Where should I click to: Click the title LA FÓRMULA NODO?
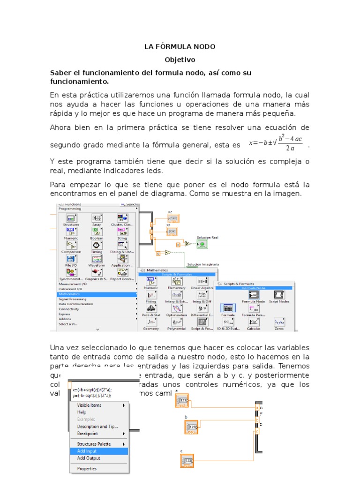[x=180, y=47]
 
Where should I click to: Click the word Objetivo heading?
[x=180, y=60]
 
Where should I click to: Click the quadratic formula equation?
[x=277, y=143]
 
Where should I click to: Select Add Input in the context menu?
[x=87, y=451]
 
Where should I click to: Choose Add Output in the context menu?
[x=88, y=458]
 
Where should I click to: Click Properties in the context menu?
[x=87, y=468]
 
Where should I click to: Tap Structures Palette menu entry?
[x=94, y=443]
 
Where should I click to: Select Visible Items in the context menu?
[x=89, y=405]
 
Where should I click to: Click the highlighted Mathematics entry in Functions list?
[x=69, y=294]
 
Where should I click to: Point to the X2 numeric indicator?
[x=173, y=218]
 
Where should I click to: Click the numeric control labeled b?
[x=192, y=426]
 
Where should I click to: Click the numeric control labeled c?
[x=187, y=461]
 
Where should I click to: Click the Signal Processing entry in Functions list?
[x=72, y=299]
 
